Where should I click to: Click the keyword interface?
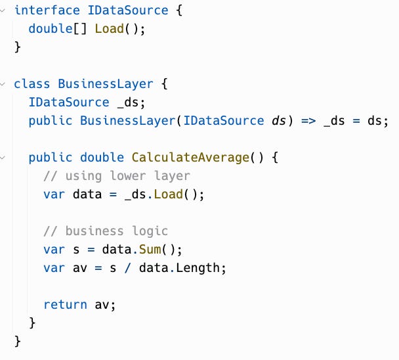pyautogui.click(x=43, y=11)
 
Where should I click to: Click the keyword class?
pyautogui.click(x=32, y=84)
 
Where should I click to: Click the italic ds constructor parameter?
pyautogui.click(x=277, y=121)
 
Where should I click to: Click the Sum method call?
pyautogui.click(x=149, y=250)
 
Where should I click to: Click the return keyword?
pyautogui.click(x=65, y=305)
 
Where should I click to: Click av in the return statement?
pyautogui.click(x=102, y=305)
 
